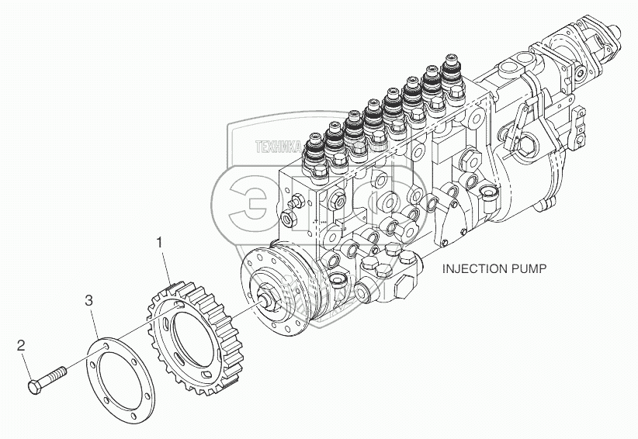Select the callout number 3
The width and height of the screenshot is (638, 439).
tap(89, 299)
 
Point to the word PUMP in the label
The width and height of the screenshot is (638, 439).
tap(532, 269)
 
